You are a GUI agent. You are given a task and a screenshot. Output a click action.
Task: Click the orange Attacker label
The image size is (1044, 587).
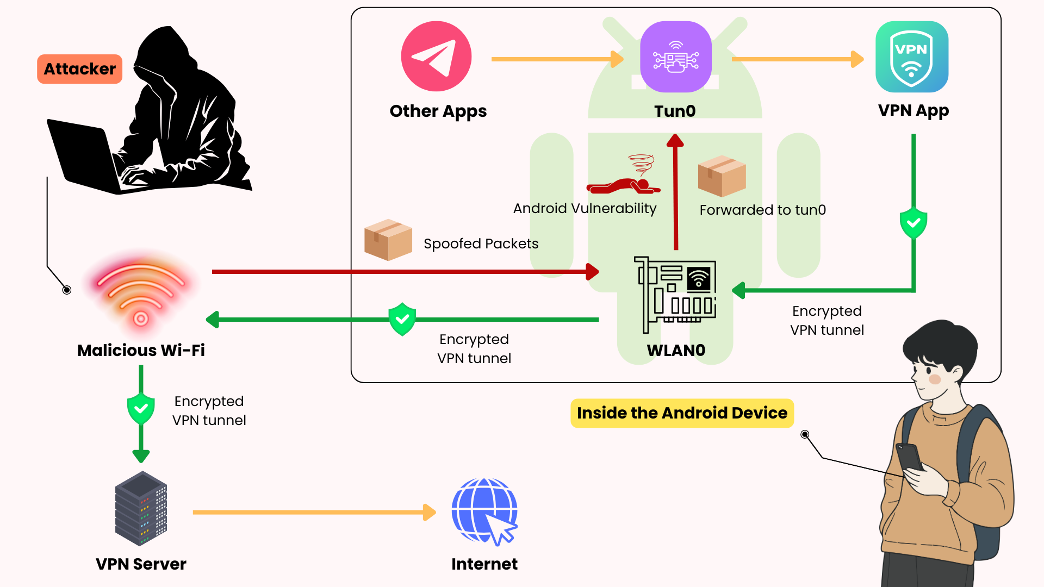coord(79,69)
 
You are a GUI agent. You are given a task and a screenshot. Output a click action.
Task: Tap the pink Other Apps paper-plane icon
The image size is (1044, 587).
coord(436,57)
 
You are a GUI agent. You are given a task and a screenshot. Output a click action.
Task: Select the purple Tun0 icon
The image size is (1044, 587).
coord(675,57)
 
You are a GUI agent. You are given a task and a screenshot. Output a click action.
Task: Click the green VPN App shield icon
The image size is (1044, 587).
coord(912,57)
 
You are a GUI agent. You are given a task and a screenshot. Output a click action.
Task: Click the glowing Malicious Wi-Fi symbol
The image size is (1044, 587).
coord(141,293)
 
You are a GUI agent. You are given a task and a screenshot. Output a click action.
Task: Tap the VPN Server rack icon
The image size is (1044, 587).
coord(141,508)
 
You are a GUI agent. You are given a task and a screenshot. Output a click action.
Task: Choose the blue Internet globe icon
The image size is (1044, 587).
coord(484,511)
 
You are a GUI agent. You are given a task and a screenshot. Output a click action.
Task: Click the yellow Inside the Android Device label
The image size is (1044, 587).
coord(682,413)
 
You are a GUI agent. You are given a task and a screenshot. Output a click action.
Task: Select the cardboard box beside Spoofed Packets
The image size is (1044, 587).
coord(388,240)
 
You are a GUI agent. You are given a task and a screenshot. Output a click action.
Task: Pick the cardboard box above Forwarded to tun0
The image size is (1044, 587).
coord(722,176)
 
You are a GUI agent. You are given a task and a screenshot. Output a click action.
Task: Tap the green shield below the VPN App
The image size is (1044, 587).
coord(913,223)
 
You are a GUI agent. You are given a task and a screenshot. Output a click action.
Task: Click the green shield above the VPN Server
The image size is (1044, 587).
coord(141,408)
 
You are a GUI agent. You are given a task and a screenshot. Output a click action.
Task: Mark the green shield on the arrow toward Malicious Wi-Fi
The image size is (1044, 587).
coord(402,319)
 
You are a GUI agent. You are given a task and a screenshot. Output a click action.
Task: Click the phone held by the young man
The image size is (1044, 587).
coord(910,457)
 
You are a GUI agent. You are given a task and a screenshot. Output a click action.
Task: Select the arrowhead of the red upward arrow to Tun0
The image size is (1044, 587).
coord(675,141)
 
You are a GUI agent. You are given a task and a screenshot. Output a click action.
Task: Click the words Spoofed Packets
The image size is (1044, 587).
coord(481,243)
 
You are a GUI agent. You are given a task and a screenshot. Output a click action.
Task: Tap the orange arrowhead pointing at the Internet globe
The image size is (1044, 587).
coord(430,512)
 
